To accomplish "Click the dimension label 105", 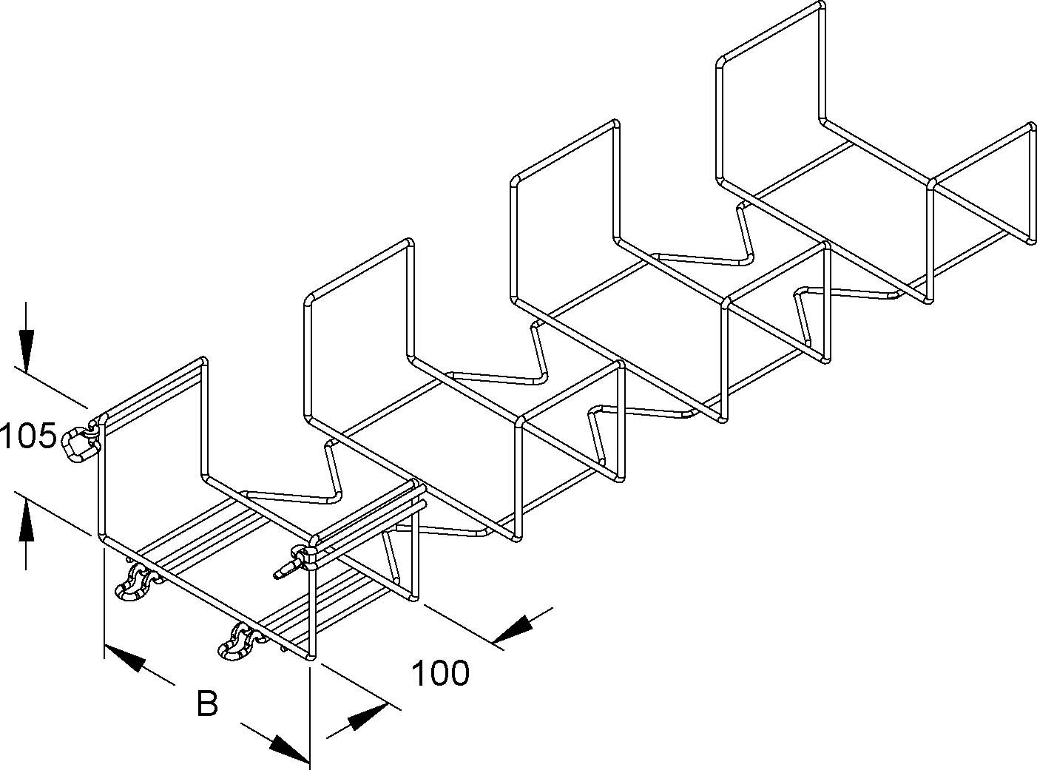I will click(28, 436).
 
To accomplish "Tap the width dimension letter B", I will click(207, 704).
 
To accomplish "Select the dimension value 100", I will click(440, 674).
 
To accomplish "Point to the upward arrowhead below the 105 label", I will click(27, 518).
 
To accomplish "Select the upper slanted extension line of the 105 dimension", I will click(52, 388).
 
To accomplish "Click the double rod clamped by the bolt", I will click(370, 514).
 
